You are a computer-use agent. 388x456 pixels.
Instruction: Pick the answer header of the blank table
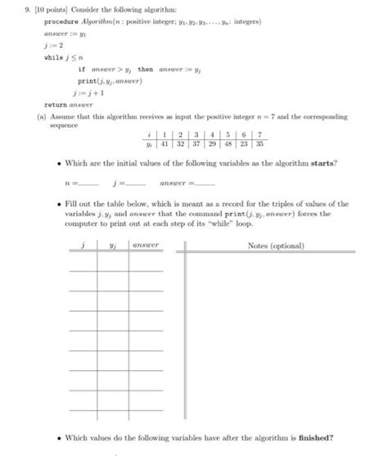[x=146, y=244]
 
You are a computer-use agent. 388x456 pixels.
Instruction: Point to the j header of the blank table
[x=83, y=244]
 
